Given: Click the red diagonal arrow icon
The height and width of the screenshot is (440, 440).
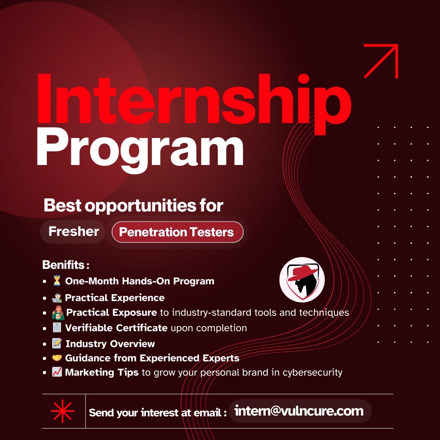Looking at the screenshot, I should coord(381,61).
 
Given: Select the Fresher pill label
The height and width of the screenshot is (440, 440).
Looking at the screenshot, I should coord(73,231).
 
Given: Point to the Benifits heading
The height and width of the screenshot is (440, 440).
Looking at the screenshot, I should coord(65,265).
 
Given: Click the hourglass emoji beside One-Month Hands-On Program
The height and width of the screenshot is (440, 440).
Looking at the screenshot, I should coord(57,281).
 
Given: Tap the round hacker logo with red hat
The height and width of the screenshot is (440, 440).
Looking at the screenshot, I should coord(302,279).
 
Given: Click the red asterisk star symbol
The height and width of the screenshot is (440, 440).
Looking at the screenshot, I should coord(62,411).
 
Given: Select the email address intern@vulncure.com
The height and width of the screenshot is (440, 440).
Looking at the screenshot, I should coord(300,411).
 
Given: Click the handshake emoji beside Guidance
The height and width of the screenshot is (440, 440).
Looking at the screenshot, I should coord(57,358).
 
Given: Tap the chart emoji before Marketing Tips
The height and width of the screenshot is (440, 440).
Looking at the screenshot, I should coord(57,372).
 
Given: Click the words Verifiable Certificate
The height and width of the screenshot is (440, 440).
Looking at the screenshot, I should coord(116,328).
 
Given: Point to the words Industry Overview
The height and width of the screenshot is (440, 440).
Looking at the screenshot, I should coord(110,344).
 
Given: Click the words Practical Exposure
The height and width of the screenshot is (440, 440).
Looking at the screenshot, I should coord(111,312).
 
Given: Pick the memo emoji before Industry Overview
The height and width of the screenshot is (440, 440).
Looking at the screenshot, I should coord(57,343).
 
